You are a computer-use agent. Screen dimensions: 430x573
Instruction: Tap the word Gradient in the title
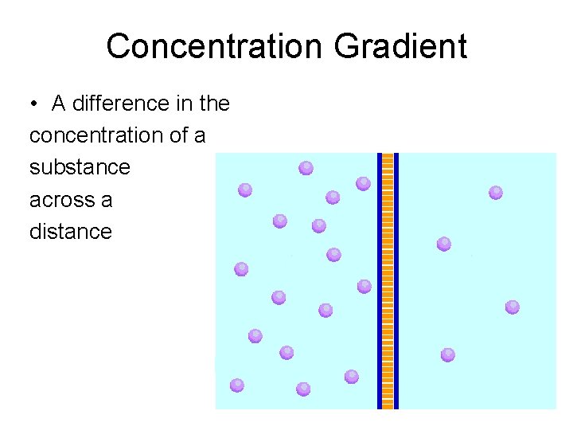[400, 46]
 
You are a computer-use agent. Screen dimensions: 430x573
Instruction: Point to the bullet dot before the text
[35, 104]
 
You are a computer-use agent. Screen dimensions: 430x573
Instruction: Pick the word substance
[80, 167]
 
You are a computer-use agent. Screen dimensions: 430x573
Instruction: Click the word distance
[71, 232]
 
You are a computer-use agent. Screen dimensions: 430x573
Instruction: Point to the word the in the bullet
[212, 104]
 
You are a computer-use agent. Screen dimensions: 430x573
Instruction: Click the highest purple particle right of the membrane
[496, 192]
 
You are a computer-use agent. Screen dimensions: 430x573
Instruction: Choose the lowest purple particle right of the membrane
[448, 354]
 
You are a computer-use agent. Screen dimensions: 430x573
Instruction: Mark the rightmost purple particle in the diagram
[513, 307]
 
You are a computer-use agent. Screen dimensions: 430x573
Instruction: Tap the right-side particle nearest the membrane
[444, 244]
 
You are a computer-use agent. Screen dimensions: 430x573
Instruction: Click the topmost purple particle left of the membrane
[306, 167]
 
